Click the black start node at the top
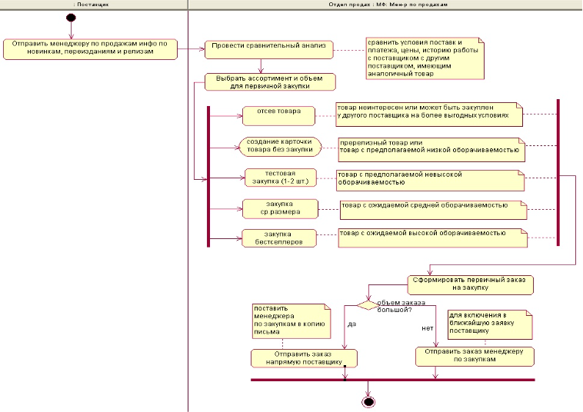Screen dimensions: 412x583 click(x=71, y=17)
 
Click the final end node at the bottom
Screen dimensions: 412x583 click(x=368, y=401)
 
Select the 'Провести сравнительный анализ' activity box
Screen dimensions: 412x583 click(x=269, y=49)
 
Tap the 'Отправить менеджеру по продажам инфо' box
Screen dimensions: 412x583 click(x=89, y=48)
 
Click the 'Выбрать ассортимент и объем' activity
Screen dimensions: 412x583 click(x=269, y=81)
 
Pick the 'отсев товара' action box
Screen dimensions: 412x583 click(x=278, y=115)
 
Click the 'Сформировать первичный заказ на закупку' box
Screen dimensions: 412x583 click(x=471, y=284)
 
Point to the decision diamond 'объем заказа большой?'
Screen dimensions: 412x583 click(x=368, y=305)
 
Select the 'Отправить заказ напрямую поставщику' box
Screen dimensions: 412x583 click(x=305, y=357)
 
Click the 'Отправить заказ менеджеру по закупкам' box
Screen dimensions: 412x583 click(x=474, y=356)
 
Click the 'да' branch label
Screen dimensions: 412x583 click(x=352, y=324)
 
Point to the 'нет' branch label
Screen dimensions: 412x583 click(x=427, y=328)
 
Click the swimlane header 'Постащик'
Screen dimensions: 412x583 click(x=94, y=4)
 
